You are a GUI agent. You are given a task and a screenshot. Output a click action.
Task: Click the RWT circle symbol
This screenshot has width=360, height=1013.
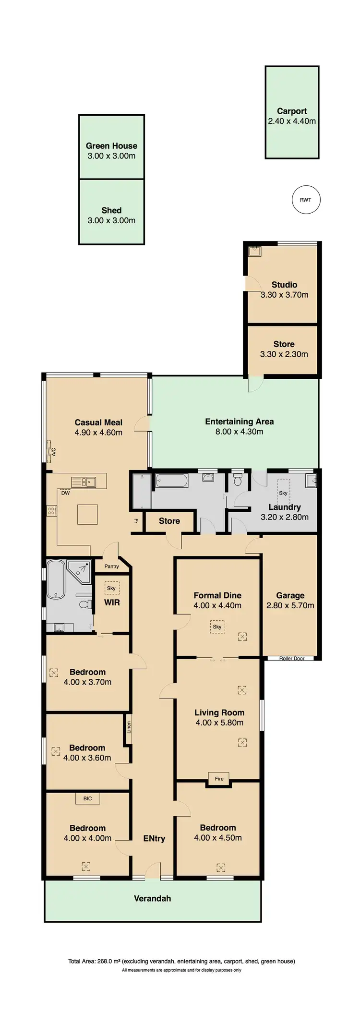306,200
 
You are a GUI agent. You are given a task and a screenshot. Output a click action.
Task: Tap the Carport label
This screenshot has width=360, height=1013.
292,111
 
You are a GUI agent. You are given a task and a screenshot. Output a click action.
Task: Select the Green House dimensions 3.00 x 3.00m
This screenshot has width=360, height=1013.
111,156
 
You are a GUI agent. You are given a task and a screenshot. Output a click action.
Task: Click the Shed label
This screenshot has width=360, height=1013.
111,210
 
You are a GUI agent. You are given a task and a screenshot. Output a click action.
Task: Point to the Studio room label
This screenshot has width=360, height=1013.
284,285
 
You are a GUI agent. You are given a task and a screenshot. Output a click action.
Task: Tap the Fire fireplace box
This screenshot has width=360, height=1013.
219,779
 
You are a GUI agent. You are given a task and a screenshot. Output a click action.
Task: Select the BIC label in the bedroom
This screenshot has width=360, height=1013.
87,798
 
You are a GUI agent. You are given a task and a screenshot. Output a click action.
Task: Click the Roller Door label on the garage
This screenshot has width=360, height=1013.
292,658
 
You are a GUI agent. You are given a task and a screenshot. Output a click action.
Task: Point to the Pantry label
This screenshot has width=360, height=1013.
111,567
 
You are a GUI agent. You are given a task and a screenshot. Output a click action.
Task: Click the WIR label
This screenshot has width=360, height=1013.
112,603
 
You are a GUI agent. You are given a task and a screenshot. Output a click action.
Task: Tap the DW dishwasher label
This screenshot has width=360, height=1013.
66,493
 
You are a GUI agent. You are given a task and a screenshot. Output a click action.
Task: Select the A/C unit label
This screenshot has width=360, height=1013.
53,452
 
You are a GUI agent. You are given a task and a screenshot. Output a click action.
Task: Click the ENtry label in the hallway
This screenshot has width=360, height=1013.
154,838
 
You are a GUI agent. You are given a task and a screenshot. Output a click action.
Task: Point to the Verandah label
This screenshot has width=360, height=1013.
152,898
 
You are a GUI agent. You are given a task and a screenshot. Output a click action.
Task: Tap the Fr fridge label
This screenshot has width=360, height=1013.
136,521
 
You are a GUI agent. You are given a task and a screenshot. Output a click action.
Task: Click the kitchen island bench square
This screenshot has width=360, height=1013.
88,514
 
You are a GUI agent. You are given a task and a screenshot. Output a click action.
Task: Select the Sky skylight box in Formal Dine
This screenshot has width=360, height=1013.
217,627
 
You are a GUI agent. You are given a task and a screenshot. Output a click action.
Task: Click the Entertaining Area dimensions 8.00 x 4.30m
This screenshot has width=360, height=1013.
239,432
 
